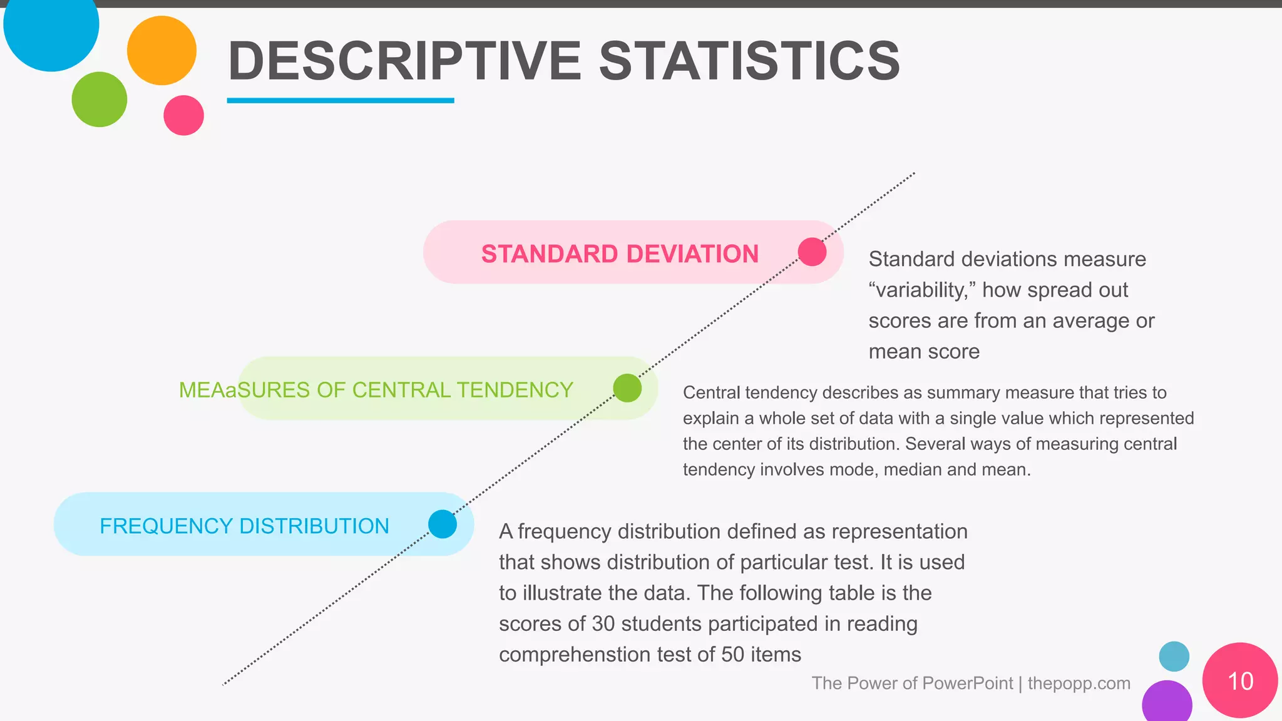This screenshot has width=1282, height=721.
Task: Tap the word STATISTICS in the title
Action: click(749, 61)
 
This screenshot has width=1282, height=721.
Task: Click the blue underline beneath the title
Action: click(340, 100)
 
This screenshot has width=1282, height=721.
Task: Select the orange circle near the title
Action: click(162, 51)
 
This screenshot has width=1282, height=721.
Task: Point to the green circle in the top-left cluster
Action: click(100, 100)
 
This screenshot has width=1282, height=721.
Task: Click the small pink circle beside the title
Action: click(183, 115)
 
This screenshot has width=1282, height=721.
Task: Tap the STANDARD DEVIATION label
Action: click(620, 254)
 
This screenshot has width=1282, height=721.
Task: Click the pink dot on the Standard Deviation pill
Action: click(812, 252)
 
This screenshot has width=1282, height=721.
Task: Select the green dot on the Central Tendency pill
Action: click(627, 388)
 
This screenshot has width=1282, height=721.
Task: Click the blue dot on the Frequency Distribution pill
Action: click(443, 524)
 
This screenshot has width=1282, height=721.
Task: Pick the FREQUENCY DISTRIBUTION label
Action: click(244, 526)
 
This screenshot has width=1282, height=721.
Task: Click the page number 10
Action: click(1240, 681)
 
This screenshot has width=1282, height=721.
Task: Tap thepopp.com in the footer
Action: click(1079, 683)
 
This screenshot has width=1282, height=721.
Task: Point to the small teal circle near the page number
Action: click(1174, 657)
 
